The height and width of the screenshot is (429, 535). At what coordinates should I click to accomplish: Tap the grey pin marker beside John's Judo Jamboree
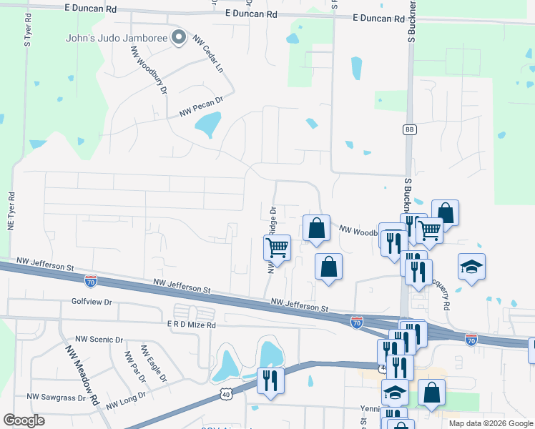point(180,37)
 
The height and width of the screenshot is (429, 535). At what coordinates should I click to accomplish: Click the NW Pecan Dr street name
point(202,107)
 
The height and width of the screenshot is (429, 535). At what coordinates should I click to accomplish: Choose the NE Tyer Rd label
point(11,211)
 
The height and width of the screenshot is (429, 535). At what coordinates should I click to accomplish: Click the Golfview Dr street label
point(92,302)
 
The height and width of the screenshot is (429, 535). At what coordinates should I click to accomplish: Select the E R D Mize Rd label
point(192,323)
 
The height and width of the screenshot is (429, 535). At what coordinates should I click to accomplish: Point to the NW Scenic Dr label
point(99,340)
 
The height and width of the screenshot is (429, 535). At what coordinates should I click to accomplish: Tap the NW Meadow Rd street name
point(82,375)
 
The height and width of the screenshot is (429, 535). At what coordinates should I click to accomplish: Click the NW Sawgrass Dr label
point(57,395)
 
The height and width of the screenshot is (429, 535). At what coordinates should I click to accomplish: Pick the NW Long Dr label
point(126,400)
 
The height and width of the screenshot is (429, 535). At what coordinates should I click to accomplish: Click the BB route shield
point(409,129)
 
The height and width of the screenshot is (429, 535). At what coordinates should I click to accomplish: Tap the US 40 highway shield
point(225,393)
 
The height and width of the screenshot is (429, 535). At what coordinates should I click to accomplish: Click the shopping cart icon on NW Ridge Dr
point(277,247)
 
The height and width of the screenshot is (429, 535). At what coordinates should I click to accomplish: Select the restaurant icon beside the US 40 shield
point(270,379)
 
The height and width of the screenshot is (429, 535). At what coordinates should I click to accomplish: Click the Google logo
point(24,420)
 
